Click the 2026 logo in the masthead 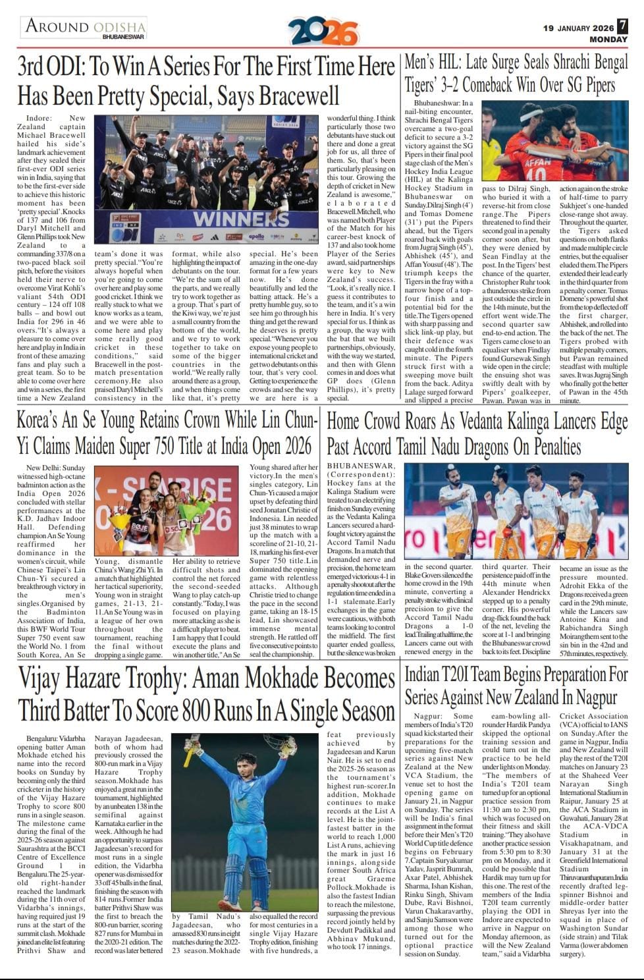323,31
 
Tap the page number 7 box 623,26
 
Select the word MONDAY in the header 608,40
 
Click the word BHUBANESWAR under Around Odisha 124,38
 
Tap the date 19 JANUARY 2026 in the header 578,28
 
